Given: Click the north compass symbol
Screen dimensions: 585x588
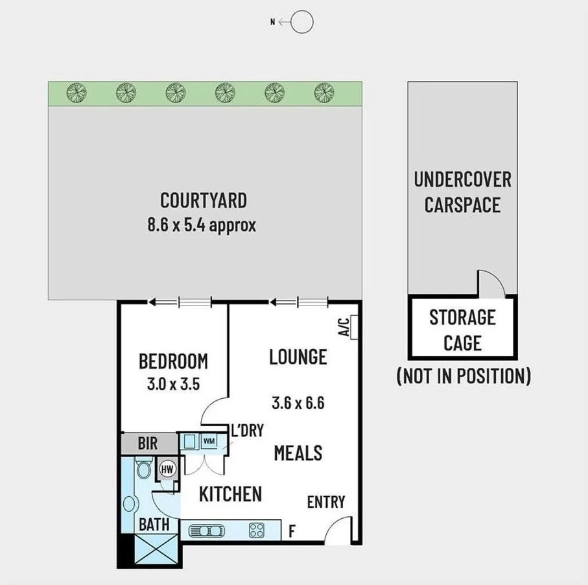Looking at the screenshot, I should pyautogui.click(x=301, y=22).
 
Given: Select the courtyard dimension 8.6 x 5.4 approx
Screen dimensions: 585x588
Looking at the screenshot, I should pyautogui.click(x=202, y=225).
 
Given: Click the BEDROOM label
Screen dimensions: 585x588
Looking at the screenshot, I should pyautogui.click(x=173, y=361).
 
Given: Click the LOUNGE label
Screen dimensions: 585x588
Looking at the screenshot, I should pyautogui.click(x=298, y=357).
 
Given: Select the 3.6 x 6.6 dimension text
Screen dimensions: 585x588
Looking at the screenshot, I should pyautogui.click(x=298, y=403).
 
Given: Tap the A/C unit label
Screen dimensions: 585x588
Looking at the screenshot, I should pyautogui.click(x=345, y=327).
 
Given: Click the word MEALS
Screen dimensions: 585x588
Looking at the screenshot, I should pyautogui.click(x=298, y=452).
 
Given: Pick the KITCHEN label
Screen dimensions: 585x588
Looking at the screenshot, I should pyautogui.click(x=230, y=494).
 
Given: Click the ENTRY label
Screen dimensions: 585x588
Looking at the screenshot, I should pyautogui.click(x=326, y=502).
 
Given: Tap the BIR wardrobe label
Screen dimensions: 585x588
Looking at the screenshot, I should pyautogui.click(x=148, y=445).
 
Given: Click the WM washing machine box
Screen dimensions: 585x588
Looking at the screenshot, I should pyautogui.click(x=209, y=442).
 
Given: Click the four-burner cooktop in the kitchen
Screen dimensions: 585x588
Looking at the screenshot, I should pyautogui.click(x=256, y=531).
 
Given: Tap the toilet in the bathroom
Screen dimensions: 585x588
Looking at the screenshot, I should pyautogui.click(x=144, y=468).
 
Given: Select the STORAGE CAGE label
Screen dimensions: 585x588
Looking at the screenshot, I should pyautogui.click(x=462, y=329).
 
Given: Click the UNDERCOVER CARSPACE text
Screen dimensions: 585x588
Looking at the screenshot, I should pyautogui.click(x=462, y=192).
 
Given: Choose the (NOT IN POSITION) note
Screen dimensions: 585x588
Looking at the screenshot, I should pyautogui.click(x=463, y=376).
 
